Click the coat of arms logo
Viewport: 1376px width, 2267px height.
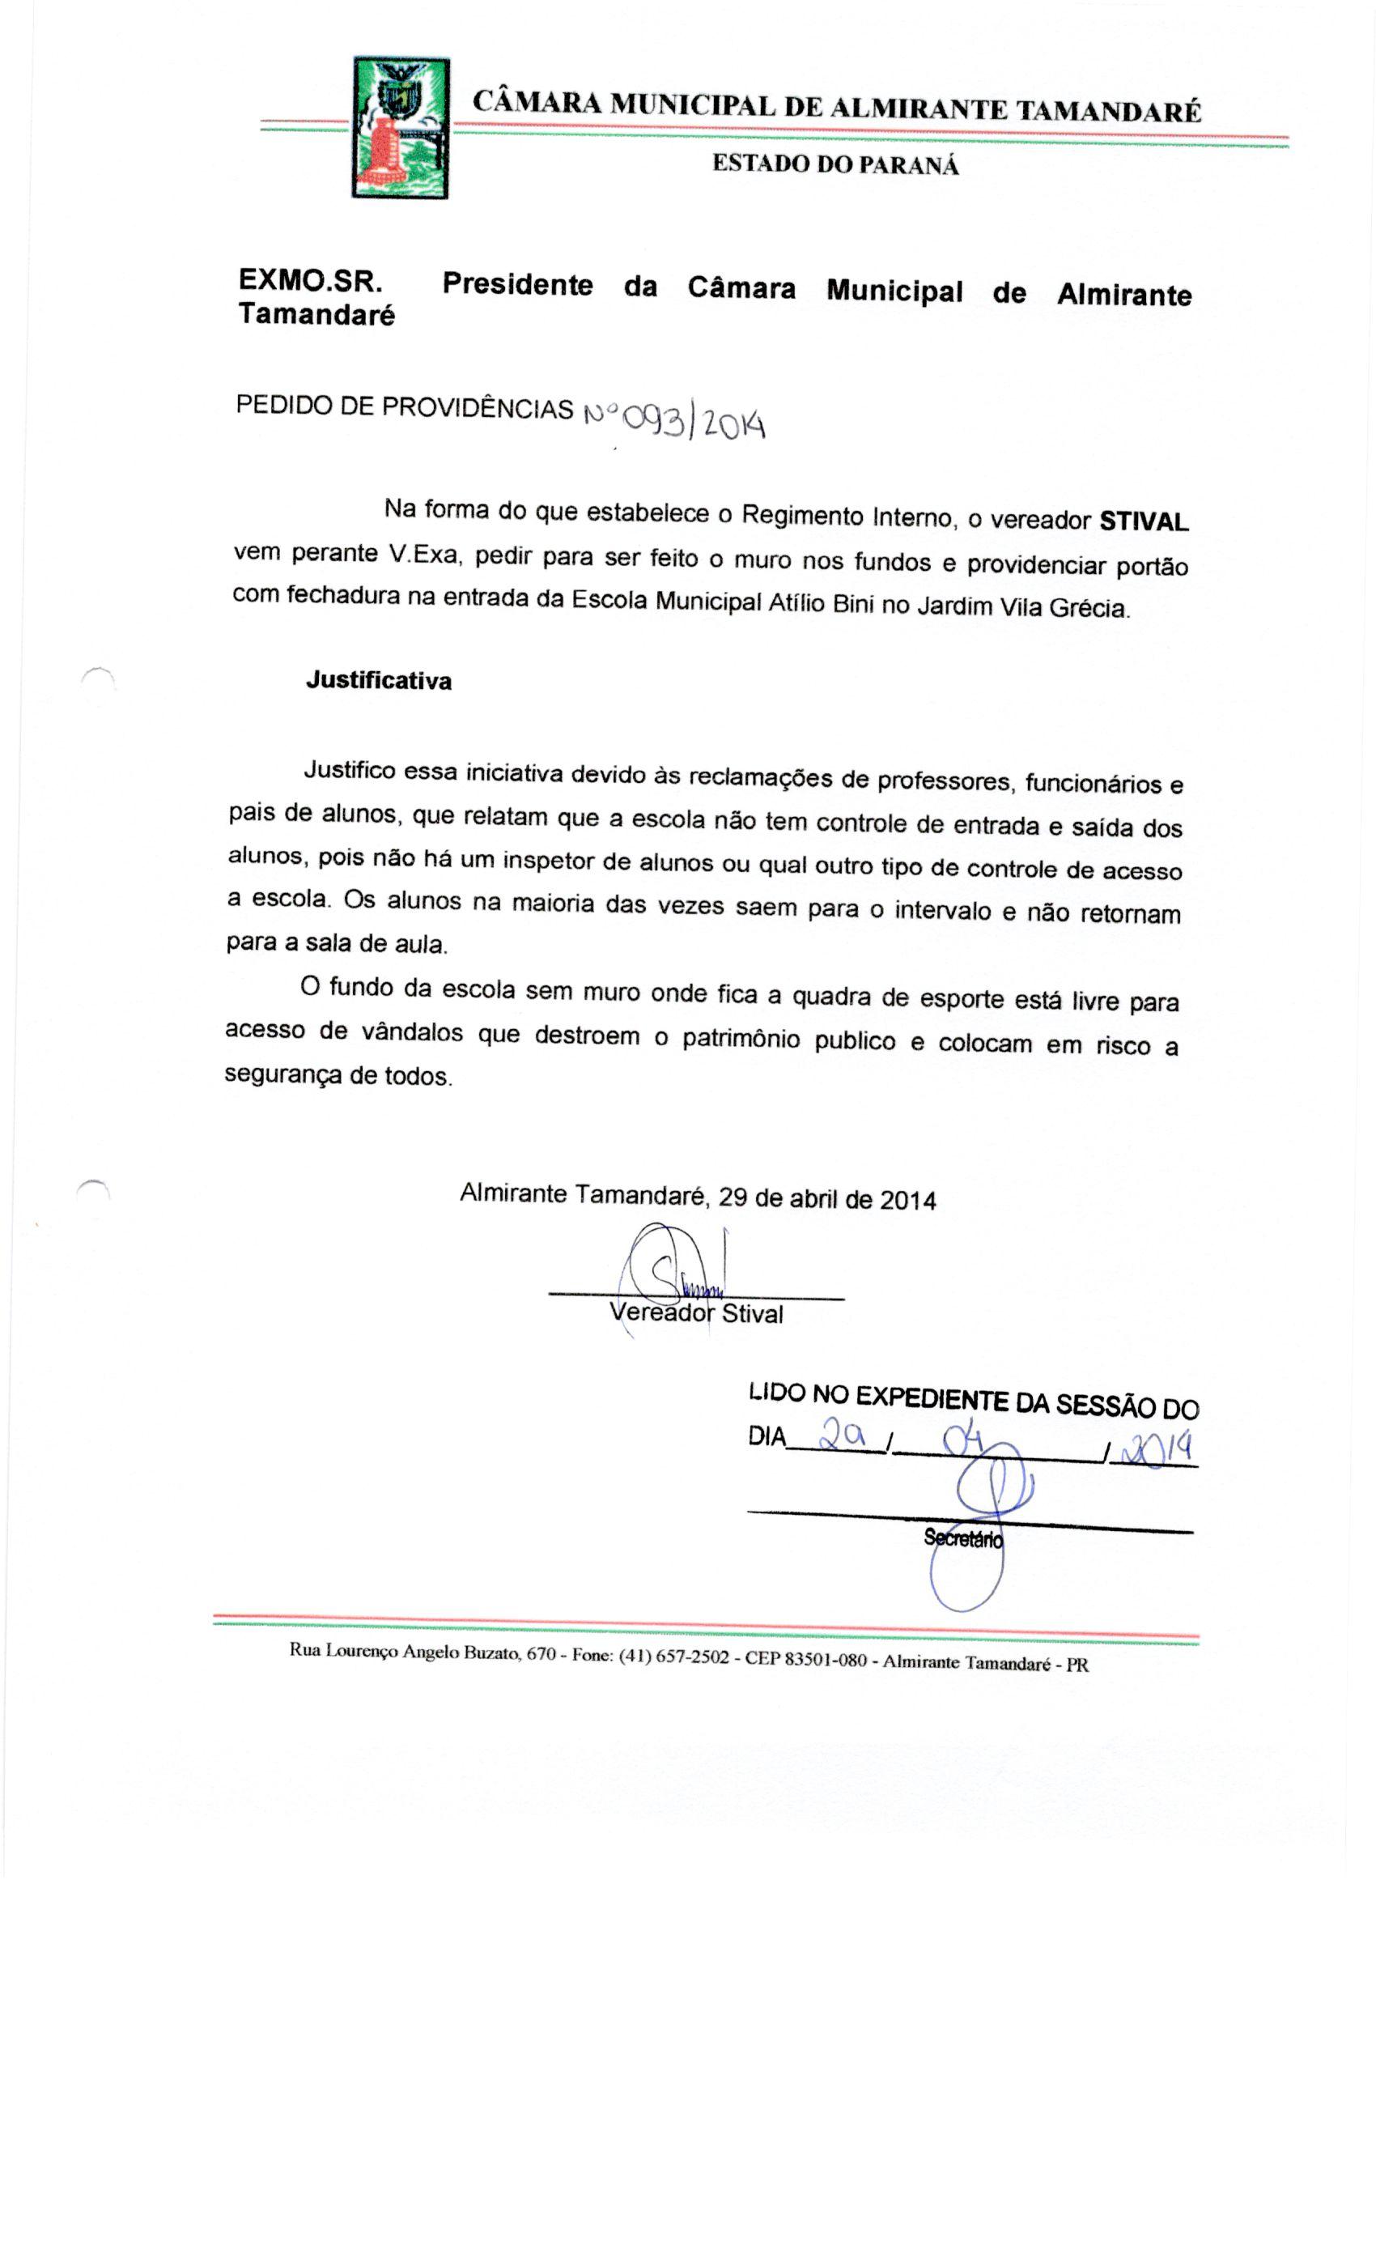tap(399, 128)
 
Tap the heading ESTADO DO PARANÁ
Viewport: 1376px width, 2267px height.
tap(835, 166)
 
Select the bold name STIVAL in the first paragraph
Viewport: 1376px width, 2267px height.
tap(1143, 521)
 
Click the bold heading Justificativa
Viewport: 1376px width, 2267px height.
tap(378, 681)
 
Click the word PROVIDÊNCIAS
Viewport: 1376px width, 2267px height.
tap(478, 407)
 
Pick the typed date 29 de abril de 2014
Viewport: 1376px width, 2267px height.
tap(826, 1200)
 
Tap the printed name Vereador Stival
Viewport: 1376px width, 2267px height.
tap(695, 1313)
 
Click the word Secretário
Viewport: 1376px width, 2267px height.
tap(962, 1538)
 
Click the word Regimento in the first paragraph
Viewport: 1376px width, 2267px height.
tap(801, 515)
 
